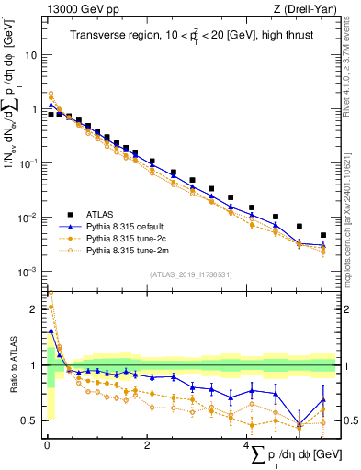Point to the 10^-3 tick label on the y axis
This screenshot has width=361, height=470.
pos(28,271)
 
